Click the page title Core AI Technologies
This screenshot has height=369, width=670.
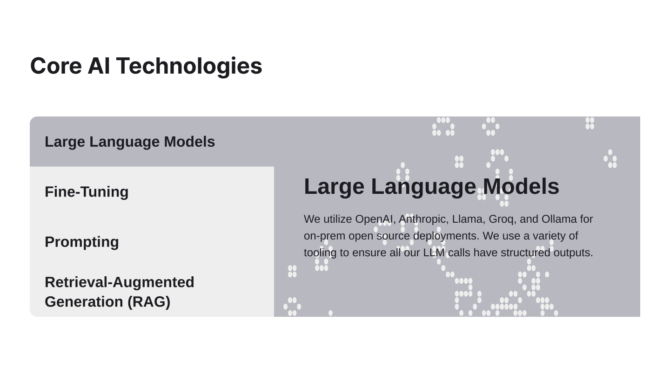pos(146,66)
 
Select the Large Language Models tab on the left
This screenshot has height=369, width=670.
pos(130,142)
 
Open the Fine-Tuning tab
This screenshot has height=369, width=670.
pos(87,192)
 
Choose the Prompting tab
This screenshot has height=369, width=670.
pos(82,242)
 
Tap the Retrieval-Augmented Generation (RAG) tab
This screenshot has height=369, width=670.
pos(120,292)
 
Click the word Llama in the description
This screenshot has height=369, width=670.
pos(467,219)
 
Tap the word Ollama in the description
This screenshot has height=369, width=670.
pos(559,219)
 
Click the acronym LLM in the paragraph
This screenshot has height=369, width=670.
pos(434,253)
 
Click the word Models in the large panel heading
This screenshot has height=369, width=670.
pos(521,186)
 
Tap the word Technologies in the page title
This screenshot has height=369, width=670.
pos(189,66)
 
